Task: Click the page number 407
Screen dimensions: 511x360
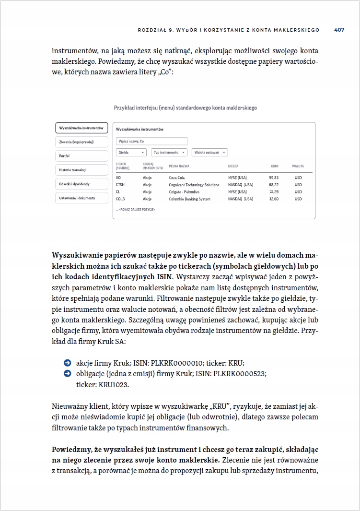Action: coord(339,30)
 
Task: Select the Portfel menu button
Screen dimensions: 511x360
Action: coord(81,156)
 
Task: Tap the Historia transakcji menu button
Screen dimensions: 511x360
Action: coord(81,170)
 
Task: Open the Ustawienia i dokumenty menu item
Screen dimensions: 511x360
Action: coord(81,198)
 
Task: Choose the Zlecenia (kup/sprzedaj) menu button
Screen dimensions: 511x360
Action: coord(81,142)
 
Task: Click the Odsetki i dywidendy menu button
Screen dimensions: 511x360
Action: coord(81,184)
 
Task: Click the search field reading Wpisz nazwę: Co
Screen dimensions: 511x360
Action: coord(151,142)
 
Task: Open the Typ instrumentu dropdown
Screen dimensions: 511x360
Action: coord(169,153)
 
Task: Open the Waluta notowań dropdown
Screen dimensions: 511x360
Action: coord(209,153)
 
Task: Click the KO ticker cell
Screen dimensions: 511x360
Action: coord(118,178)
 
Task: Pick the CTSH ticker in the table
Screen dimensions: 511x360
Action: coord(120,185)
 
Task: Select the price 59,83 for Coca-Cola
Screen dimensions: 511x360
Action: coord(274,178)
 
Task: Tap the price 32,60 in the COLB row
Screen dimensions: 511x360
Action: coord(274,199)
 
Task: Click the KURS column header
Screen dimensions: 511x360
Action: coord(275,166)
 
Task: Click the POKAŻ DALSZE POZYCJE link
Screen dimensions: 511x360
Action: coord(136,210)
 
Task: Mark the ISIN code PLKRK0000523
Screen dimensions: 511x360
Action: coord(240,374)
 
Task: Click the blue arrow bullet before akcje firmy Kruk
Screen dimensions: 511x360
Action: coord(67,363)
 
